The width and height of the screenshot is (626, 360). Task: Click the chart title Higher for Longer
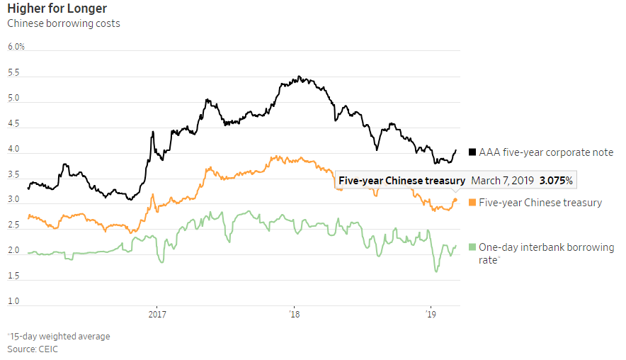[x=57, y=9]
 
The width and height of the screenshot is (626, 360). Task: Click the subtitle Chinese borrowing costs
[x=64, y=23]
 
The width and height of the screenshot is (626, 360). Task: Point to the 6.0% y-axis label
[x=16, y=47]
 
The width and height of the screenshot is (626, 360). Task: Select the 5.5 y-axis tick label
[x=13, y=73]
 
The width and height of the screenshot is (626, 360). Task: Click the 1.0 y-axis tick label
[x=13, y=301]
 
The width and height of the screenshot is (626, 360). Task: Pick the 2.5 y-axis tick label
[x=13, y=225]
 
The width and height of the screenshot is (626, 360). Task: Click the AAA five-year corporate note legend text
[x=546, y=152]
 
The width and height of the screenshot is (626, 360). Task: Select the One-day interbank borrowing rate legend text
[x=546, y=254]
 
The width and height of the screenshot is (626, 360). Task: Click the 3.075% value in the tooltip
[x=557, y=181]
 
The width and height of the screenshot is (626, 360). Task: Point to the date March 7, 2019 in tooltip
[x=502, y=181]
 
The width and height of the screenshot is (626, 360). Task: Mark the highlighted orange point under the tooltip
[x=455, y=200]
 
